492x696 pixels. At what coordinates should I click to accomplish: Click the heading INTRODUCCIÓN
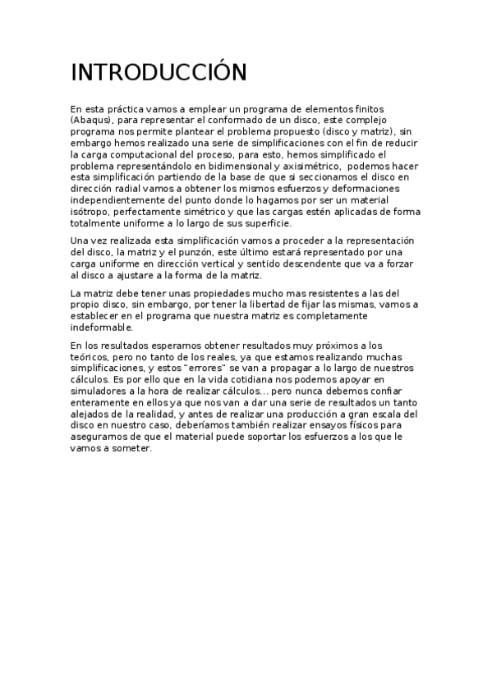(x=159, y=73)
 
